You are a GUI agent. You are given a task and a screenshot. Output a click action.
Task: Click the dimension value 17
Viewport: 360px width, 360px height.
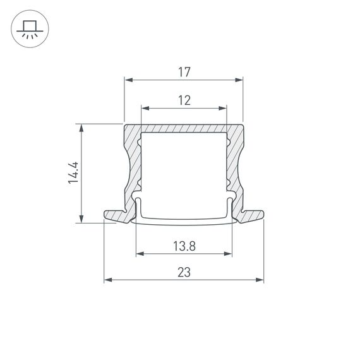pyautogui.click(x=184, y=72)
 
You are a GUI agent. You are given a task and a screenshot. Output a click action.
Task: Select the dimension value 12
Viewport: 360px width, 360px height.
pyautogui.click(x=184, y=100)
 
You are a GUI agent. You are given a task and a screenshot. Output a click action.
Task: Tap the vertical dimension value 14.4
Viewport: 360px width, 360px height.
pyautogui.click(x=73, y=172)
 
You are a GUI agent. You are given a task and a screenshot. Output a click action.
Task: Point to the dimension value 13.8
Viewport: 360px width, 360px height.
pyautogui.click(x=184, y=246)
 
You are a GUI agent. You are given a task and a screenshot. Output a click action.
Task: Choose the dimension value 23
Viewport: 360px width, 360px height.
pyautogui.click(x=184, y=272)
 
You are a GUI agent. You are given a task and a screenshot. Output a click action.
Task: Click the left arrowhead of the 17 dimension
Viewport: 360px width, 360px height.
pyautogui.click(x=127, y=80)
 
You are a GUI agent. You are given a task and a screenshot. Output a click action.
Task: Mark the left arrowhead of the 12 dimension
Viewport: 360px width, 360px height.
pyautogui.click(x=144, y=108)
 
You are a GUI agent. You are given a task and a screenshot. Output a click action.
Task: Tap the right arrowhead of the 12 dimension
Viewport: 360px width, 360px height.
pyautogui.click(x=222, y=108)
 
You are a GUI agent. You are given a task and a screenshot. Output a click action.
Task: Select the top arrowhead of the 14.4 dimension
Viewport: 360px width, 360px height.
pyautogui.click(x=81, y=127)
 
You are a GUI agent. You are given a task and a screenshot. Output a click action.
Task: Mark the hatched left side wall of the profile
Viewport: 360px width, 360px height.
pyautogui.click(x=133, y=164)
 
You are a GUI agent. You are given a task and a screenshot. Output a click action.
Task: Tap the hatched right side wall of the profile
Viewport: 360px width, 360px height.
pyautogui.click(x=234, y=164)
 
